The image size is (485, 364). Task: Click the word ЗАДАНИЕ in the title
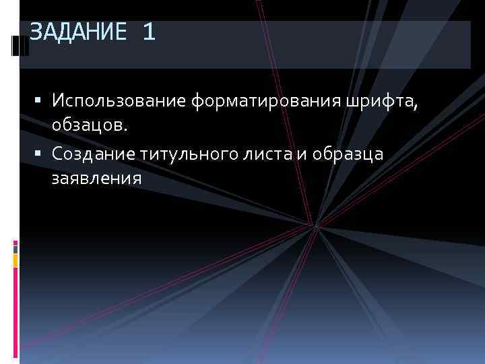(x=78, y=32)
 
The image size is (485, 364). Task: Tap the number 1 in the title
(x=149, y=32)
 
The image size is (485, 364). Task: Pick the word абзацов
(x=85, y=125)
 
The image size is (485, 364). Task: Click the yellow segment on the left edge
(x=15, y=258)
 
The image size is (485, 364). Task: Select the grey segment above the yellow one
(x=15, y=247)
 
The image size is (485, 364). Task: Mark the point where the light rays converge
(x=314, y=225)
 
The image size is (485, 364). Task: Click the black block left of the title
(x=18, y=47)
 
